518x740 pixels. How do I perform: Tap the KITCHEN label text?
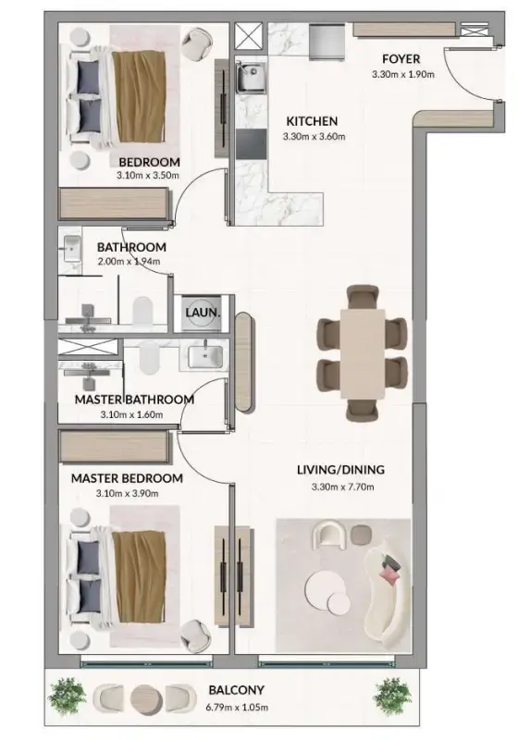(x=311, y=121)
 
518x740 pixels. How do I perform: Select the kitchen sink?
(x=250, y=80)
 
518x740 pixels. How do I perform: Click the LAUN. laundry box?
(x=203, y=313)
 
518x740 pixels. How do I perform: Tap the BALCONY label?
(x=237, y=690)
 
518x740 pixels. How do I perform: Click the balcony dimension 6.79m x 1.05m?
(x=237, y=705)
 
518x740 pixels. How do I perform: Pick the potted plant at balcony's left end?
(x=66, y=694)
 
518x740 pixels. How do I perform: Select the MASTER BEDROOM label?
(x=127, y=478)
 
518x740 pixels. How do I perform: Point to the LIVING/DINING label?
(x=339, y=470)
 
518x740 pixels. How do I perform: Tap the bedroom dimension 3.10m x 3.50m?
(x=148, y=174)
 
